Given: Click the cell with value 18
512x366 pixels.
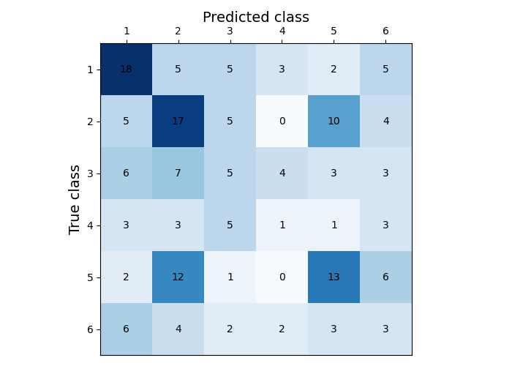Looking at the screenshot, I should (126, 69).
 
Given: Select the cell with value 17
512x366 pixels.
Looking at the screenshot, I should (178, 121).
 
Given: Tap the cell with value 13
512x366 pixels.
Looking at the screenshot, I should (334, 277).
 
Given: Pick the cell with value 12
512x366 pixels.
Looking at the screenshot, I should (178, 277).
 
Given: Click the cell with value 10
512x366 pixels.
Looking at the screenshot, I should (334, 121).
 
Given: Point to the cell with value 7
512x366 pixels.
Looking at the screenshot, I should (178, 173).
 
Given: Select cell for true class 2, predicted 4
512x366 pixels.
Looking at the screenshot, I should (282, 121).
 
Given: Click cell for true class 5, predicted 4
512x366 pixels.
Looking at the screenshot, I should (282, 277).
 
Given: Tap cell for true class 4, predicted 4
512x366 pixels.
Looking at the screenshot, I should (282, 225).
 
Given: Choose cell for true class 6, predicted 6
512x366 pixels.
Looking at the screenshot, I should (385, 329).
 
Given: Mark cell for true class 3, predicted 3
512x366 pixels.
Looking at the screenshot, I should (230, 173).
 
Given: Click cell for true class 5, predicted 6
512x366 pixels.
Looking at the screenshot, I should (385, 277).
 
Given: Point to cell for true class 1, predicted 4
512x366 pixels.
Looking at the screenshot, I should (282, 69).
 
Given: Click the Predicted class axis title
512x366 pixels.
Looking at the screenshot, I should (256, 18).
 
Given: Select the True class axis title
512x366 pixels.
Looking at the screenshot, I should (75, 199).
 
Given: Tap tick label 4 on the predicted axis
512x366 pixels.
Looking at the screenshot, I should (282, 31).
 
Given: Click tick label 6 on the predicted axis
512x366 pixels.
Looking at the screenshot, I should (385, 31).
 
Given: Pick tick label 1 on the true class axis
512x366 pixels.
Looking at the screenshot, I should (90, 70).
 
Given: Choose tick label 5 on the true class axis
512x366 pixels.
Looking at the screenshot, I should (90, 277).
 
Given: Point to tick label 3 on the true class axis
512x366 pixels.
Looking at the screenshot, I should (90, 173).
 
